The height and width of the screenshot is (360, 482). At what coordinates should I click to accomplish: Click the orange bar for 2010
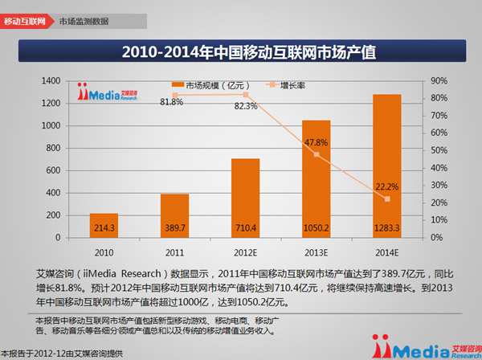click(x=104, y=226)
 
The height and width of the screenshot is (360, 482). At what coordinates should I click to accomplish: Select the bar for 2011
click(x=174, y=215)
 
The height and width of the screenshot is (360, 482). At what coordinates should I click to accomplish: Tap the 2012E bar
click(x=245, y=198)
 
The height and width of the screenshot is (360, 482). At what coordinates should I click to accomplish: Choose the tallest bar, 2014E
click(x=386, y=166)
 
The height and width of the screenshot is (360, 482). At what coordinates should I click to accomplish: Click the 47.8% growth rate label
click(x=315, y=141)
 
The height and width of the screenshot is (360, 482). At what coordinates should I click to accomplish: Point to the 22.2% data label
click(x=386, y=186)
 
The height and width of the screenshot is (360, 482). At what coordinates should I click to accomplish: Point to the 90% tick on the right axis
click(x=439, y=80)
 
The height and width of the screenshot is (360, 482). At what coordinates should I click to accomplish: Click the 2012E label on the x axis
click(x=245, y=251)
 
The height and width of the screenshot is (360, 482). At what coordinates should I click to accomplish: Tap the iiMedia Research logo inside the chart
click(x=107, y=91)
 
